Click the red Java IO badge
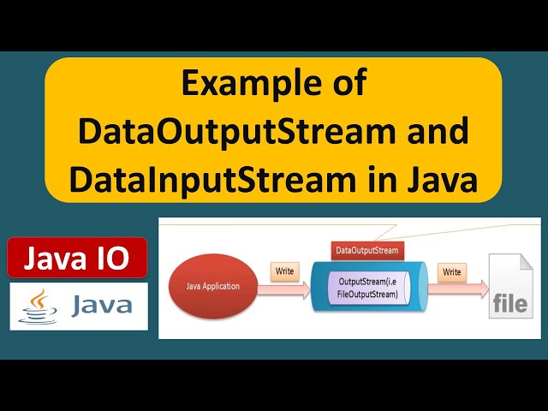click(x=77, y=257)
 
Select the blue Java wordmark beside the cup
click(x=100, y=306)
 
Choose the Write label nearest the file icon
click(x=450, y=272)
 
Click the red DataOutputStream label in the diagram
click(x=366, y=250)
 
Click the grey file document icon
click(x=509, y=287)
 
